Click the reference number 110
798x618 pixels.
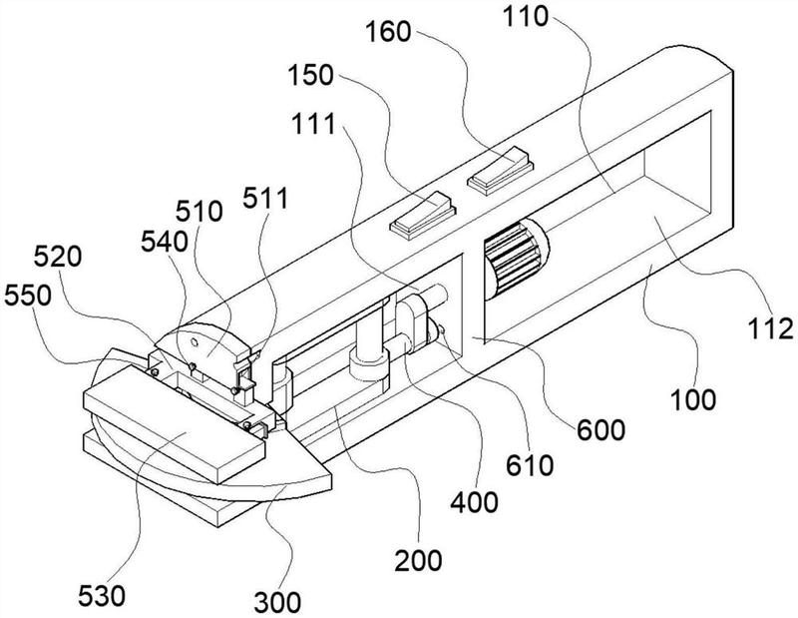click(x=526, y=17)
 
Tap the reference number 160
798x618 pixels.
click(x=388, y=32)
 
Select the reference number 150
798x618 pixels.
click(x=310, y=75)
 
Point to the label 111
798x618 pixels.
click(x=313, y=124)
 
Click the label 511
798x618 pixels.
click(x=265, y=198)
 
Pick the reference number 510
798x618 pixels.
click(x=199, y=211)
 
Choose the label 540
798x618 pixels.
click(x=164, y=242)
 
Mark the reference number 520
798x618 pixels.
click(x=58, y=257)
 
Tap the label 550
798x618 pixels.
click(x=28, y=296)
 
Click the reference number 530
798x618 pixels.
click(x=102, y=596)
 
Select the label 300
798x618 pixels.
click(x=277, y=603)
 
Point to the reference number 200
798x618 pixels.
click(x=418, y=561)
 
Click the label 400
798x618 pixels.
click(x=475, y=502)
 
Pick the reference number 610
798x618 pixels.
click(x=530, y=465)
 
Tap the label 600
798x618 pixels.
click(x=600, y=430)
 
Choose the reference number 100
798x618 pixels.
click(x=693, y=400)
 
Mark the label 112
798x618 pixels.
click(x=770, y=328)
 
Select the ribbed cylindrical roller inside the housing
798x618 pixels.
click(x=515, y=260)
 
